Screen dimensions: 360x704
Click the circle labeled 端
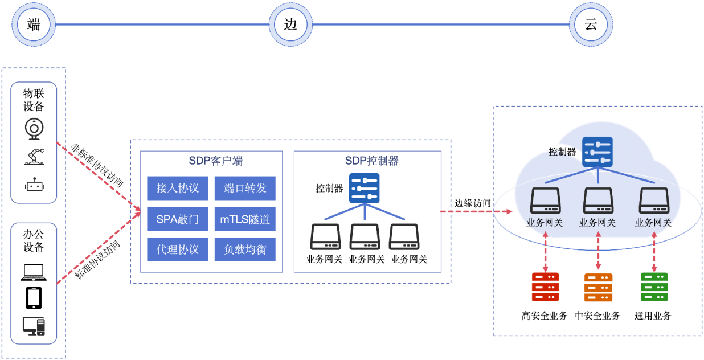coord(34,24)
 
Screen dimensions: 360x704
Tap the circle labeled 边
coord(290,24)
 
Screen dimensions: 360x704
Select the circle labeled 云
coord(591,24)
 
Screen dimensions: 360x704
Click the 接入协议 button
coord(178,188)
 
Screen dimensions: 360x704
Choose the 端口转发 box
coord(245,188)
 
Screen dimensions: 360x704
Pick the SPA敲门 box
coord(178,219)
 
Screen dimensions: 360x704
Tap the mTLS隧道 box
coord(245,219)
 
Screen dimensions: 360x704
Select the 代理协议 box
coord(178,249)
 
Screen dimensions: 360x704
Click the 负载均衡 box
coord(245,249)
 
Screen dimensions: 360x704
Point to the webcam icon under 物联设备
coord(34,129)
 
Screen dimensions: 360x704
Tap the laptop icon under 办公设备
coord(34,273)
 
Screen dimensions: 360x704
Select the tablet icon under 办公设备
coord(34,298)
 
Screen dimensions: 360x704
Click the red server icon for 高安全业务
coord(545,287)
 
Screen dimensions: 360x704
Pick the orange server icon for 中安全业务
coord(598,287)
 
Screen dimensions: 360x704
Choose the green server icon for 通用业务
coord(654,287)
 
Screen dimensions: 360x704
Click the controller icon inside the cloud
coord(597,152)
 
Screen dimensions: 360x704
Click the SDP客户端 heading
coord(215,161)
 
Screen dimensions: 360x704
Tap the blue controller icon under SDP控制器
coord(364,188)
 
